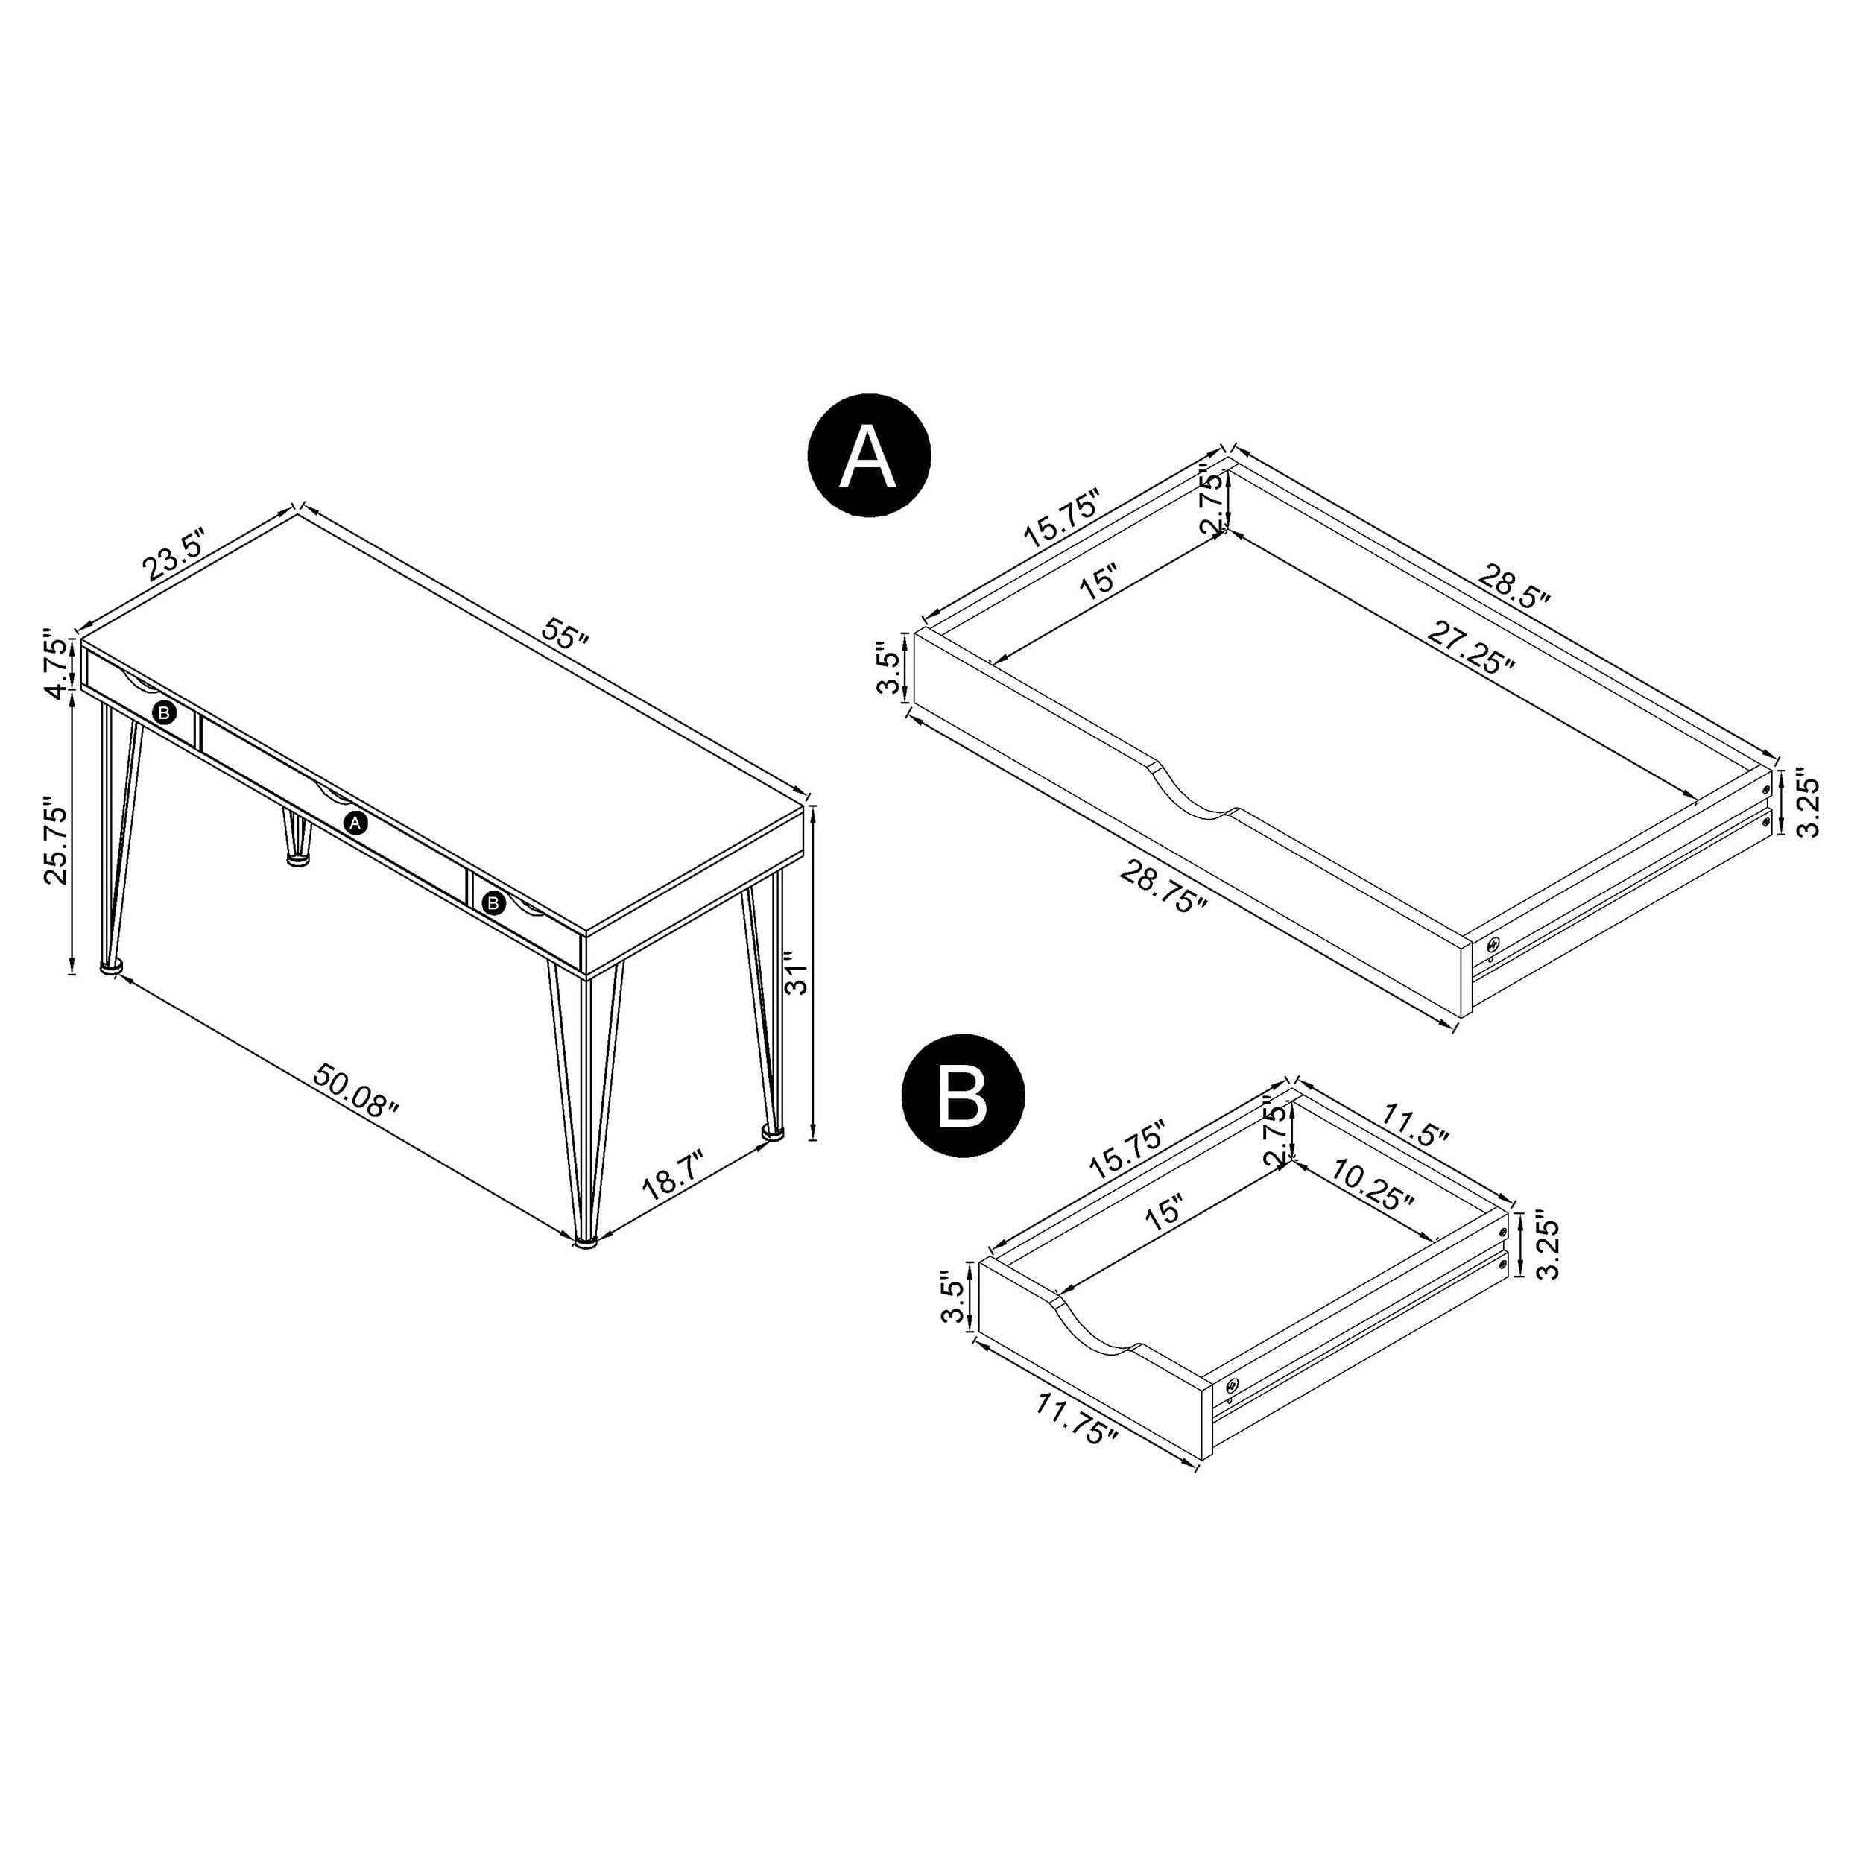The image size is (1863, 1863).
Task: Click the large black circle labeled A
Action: (x=870, y=457)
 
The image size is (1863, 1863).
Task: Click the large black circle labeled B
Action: (x=962, y=1095)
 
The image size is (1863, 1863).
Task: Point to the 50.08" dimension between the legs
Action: (x=355, y=1092)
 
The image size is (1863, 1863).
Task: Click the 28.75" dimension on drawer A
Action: (x=1164, y=887)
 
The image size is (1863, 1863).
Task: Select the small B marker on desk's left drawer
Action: (x=165, y=712)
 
